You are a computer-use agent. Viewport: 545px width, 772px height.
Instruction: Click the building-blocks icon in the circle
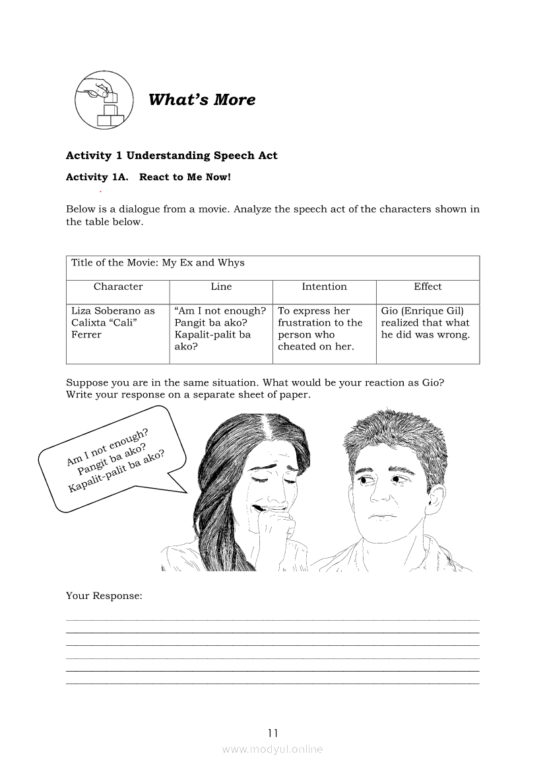pos(104,100)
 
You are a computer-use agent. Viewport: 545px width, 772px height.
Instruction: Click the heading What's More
pos(202,100)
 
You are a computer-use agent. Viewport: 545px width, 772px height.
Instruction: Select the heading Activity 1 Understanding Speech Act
pos(172,156)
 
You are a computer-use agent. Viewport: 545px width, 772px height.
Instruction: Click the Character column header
pos(118,287)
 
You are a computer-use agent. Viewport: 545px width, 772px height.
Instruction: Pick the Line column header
pos(221,287)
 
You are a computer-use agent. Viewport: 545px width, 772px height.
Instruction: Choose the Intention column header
pos(324,287)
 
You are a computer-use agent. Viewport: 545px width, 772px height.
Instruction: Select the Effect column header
pos(428,287)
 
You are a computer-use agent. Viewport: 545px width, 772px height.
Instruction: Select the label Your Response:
pos(104,596)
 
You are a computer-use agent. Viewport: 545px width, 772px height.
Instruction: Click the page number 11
pos(273,732)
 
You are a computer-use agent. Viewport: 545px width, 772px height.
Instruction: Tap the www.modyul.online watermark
pos(272,749)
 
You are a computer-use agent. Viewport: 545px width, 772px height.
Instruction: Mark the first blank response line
pos(272,619)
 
